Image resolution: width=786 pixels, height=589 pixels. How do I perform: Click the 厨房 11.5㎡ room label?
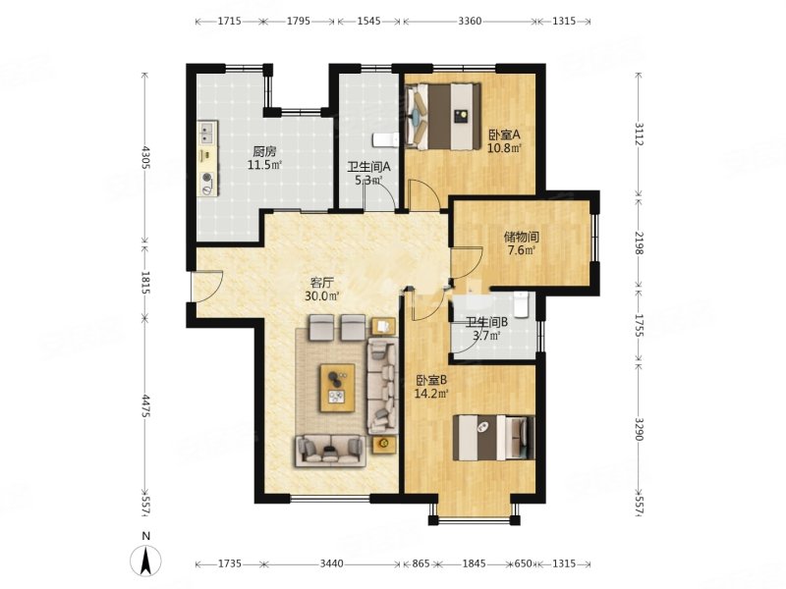point(264,158)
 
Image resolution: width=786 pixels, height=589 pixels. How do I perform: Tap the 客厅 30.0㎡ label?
point(322,289)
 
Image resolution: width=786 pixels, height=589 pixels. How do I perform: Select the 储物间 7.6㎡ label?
point(522,242)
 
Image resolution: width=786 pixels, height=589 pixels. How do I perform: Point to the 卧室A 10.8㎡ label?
point(505,140)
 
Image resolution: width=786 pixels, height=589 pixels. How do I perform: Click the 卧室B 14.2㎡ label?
point(431,387)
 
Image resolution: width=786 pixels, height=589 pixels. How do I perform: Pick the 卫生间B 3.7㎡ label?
point(486,329)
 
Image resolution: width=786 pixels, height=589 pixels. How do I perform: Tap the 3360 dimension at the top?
point(470,21)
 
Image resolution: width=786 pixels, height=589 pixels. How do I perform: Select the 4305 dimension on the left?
point(145,157)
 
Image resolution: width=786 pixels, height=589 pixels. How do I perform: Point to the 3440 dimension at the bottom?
point(331,563)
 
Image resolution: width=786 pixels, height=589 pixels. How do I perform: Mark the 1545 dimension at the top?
point(369,21)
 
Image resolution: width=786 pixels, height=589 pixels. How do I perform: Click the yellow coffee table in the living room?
point(337,388)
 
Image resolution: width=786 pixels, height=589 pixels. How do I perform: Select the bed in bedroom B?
point(494,437)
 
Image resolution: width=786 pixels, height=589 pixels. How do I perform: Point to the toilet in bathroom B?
point(522,304)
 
